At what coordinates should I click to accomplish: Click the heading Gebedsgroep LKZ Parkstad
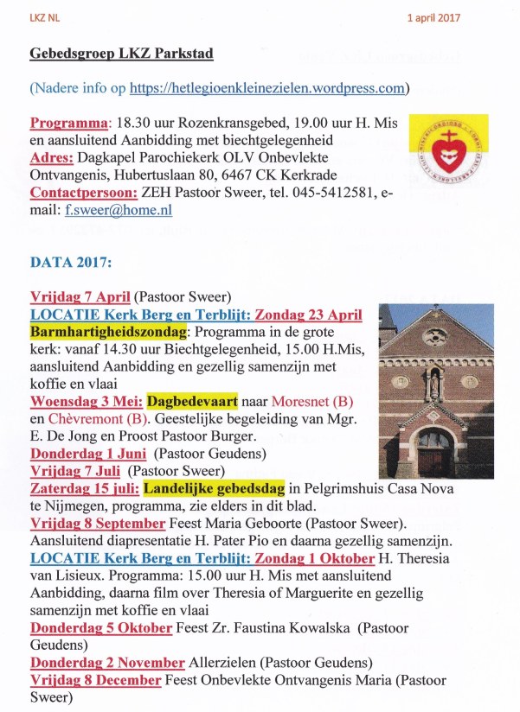pos(121,54)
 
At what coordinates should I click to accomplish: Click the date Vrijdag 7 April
pos(80,296)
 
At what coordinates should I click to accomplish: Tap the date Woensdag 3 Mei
pos(86,401)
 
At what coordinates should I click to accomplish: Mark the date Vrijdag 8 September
pos(97,524)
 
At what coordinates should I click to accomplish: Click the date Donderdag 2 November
pos(107,663)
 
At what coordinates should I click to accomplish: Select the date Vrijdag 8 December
pos(95,680)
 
